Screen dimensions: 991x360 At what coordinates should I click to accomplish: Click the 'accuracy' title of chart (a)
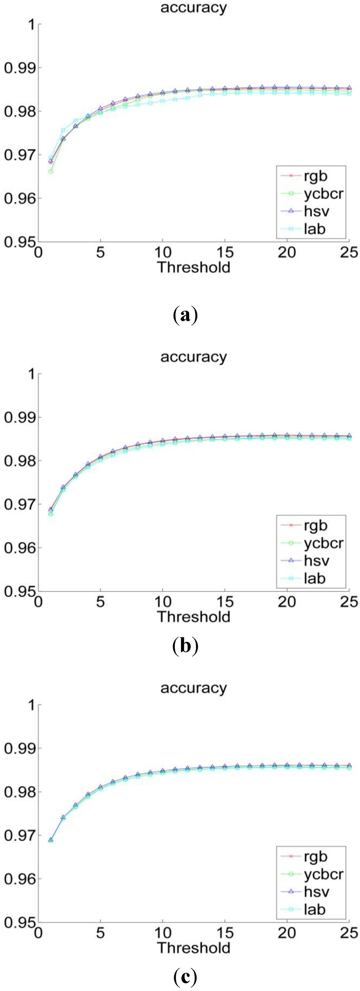(193, 8)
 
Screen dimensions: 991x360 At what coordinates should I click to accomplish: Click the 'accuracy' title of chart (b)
(193, 357)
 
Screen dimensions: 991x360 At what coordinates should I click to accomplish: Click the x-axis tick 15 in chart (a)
(225, 253)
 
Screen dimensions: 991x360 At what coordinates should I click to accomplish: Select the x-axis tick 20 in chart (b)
(287, 602)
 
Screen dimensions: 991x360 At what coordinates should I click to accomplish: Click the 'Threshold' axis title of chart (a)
(193, 267)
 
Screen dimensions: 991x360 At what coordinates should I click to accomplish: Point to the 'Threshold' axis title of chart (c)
(193, 947)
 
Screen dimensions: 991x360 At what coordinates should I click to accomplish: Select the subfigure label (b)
(185, 646)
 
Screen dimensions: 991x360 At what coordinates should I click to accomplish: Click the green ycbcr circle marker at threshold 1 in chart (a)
(50, 171)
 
